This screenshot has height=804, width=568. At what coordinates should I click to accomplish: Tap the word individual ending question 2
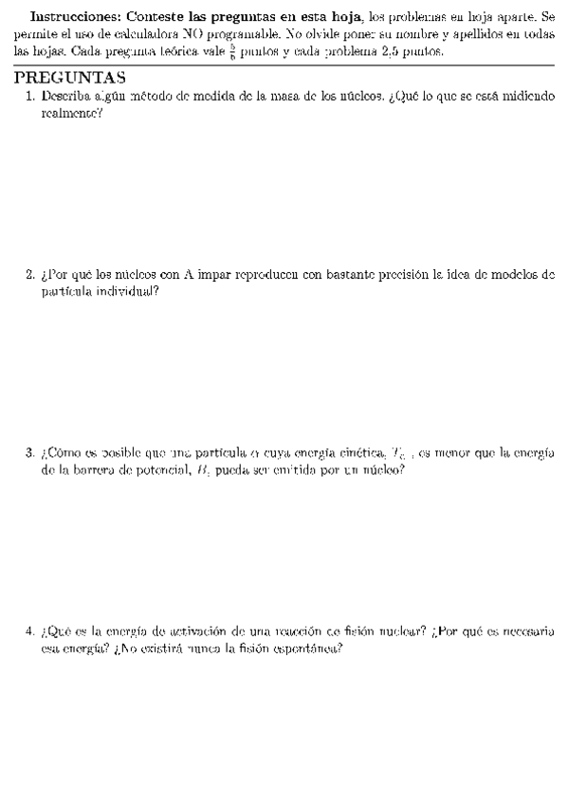pos(128,292)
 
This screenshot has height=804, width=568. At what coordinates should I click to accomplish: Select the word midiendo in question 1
pos(525,96)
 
